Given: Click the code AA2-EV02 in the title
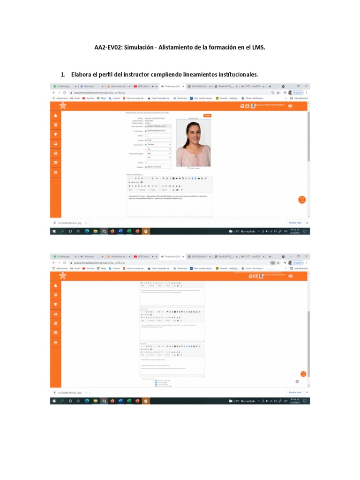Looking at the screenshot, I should click(108, 48).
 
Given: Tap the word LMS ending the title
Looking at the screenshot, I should click(265, 48).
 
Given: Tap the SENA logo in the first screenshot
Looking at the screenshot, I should click(63, 106).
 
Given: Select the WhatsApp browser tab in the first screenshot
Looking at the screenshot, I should click(64, 86).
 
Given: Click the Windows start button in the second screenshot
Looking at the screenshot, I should click(54, 401).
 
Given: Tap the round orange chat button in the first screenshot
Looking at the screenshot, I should click(302, 199).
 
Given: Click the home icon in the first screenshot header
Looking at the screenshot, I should click(242, 106).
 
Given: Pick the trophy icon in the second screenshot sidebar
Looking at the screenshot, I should click(56, 304).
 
